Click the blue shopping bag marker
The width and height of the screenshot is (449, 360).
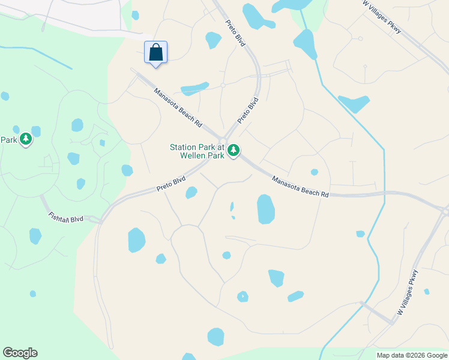pos(155,52)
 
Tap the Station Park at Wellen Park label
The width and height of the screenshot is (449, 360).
pos(197,151)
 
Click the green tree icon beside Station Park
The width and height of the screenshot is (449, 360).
pos(234,150)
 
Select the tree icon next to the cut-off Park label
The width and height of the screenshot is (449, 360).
pos(25,139)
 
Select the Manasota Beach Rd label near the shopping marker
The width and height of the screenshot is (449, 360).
pos(178,107)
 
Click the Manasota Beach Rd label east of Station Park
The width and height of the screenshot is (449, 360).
pos(300,187)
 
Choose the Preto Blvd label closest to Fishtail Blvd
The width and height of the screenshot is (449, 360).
pos(172,184)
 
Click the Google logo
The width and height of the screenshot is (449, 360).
pos(20,353)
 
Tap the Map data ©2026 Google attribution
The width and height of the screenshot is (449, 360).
pos(412,355)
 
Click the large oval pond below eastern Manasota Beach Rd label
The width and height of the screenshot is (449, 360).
pos(266,209)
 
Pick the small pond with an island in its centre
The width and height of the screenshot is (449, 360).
pos(243,296)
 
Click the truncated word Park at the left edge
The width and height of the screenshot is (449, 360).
pos(7,140)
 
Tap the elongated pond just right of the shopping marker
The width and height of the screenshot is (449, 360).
pos(194,89)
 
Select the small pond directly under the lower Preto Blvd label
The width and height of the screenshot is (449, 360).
pos(191,193)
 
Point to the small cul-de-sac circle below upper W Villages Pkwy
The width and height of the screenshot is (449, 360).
pos(360,39)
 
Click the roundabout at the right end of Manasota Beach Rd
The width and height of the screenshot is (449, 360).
pos(445,211)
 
